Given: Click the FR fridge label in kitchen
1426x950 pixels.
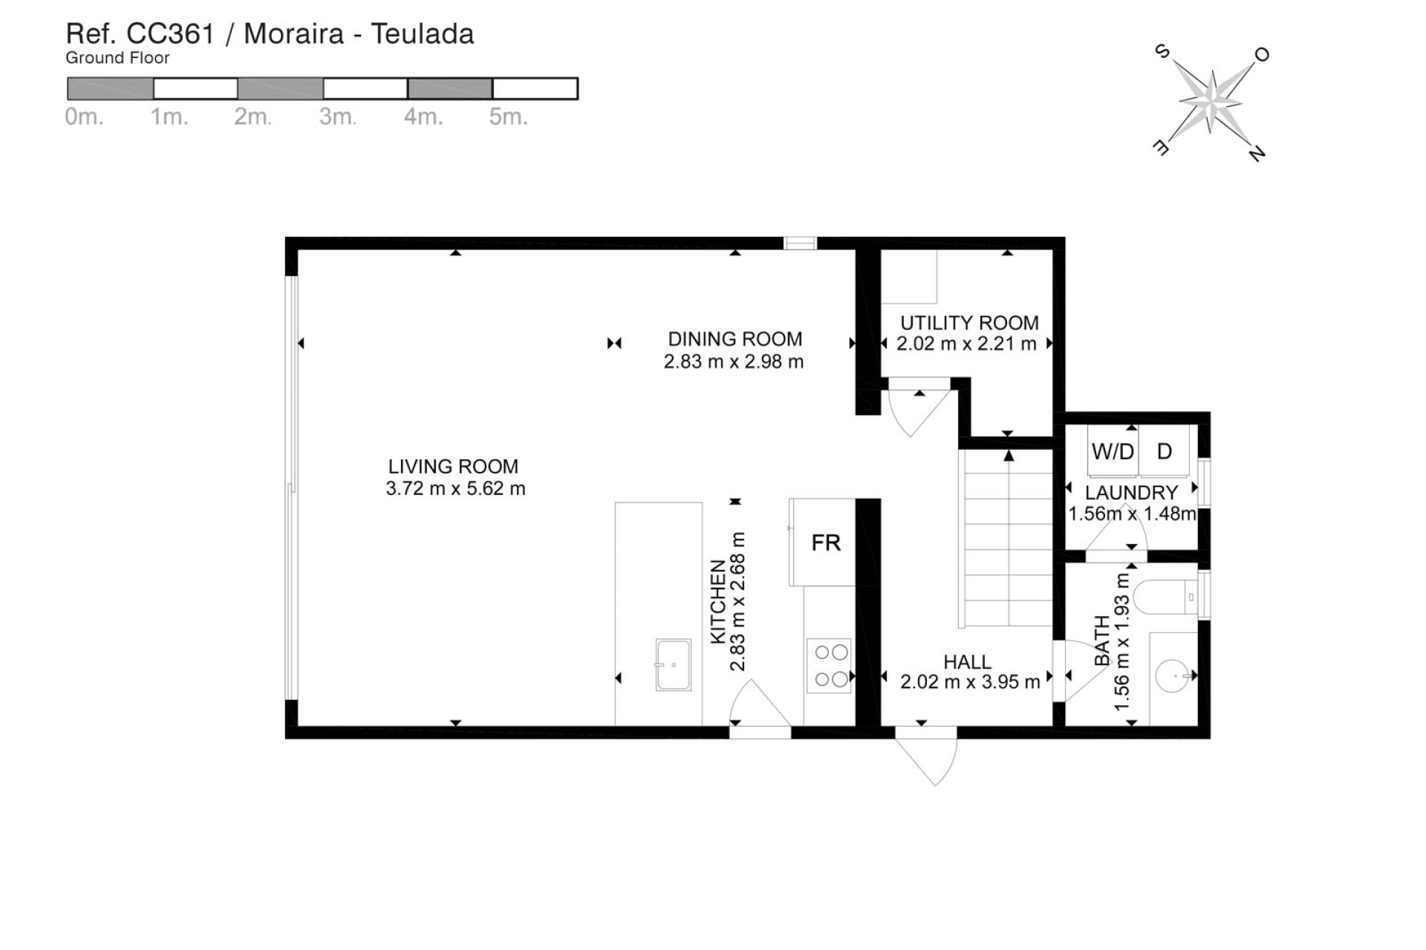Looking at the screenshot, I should (x=826, y=543).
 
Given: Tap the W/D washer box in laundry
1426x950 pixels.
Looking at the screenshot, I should (x=1113, y=451).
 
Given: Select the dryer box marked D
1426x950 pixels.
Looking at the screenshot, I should (x=1165, y=451).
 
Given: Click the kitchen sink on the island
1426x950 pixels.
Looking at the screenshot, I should (x=673, y=665).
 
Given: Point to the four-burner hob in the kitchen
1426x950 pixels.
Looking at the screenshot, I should (x=831, y=666).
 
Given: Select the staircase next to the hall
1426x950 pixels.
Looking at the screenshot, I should (x=1008, y=538).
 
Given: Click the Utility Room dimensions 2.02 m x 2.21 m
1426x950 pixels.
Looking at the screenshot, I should (x=966, y=344).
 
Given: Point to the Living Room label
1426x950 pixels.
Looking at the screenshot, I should (x=453, y=467).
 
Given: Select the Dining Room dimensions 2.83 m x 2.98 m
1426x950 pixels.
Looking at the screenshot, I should (x=734, y=362).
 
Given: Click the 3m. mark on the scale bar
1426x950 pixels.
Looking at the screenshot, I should (x=338, y=117).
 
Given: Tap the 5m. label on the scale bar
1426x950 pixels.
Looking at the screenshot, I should (x=508, y=117).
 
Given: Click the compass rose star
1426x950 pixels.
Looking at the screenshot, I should (x=1211, y=102).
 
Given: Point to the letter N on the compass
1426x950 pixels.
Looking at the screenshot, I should (x=1257, y=154).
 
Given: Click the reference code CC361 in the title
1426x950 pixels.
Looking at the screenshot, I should (x=170, y=34).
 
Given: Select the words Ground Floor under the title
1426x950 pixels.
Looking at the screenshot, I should (x=117, y=58).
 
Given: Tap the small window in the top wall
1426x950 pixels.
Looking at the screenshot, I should (x=800, y=243).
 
